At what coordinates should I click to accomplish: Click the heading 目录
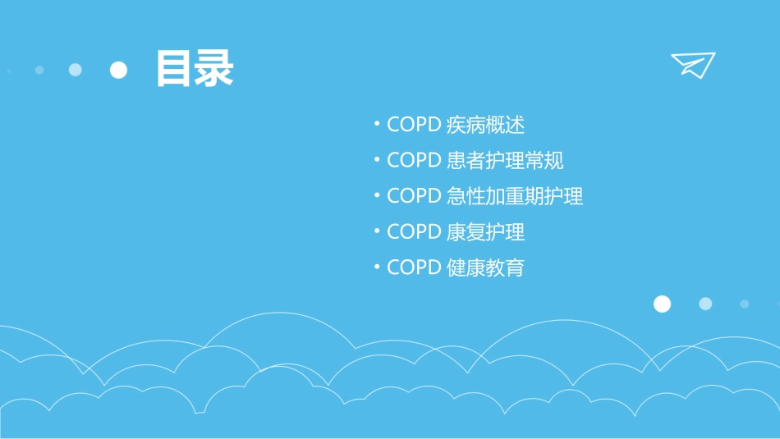click(x=195, y=70)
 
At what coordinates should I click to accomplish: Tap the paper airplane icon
click(x=692, y=65)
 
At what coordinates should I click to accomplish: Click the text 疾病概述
click(x=485, y=125)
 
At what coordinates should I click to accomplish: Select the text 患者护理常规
click(x=505, y=161)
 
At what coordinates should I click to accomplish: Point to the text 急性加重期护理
click(x=515, y=196)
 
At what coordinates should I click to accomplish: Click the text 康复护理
click(x=485, y=232)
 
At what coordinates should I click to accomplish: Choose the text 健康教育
click(x=485, y=268)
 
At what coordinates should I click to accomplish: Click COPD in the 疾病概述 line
click(x=415, y=125)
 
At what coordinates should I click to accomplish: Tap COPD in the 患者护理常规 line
click(x=415, y=161)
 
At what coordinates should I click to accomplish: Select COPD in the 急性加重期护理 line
click(x=415, y=196)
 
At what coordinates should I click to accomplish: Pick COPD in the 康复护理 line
click(x=415, y=232)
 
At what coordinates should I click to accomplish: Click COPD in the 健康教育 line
click(x=415, y=268)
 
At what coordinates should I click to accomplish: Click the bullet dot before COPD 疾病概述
click(x=376, y=125)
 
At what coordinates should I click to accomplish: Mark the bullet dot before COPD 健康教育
click(x=376, y=268)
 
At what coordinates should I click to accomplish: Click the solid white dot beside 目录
click(x=119, y=70)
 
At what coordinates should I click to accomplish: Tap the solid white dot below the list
click(x=662, y=304)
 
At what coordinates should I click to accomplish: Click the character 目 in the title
click(x=175, y=70)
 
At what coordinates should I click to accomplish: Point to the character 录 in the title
click(x=214, y=70)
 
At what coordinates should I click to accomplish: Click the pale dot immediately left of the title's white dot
click(x=76, y=70)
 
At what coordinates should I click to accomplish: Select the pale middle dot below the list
click(x=705, y=304)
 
